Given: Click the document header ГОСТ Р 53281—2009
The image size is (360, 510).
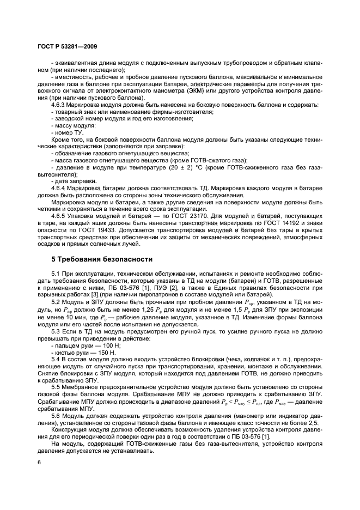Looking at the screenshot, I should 67,47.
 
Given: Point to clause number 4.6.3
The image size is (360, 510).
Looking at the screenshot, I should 59,105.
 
